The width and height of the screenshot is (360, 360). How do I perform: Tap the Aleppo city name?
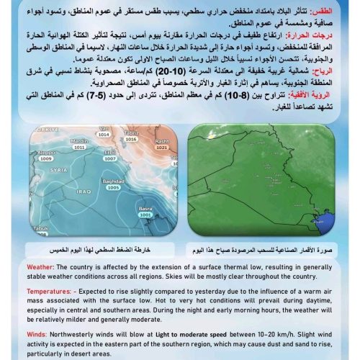pyautogui.click(x=45, y=152)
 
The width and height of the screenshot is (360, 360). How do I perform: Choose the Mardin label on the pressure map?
pyautogui.click(x=80, y=140)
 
